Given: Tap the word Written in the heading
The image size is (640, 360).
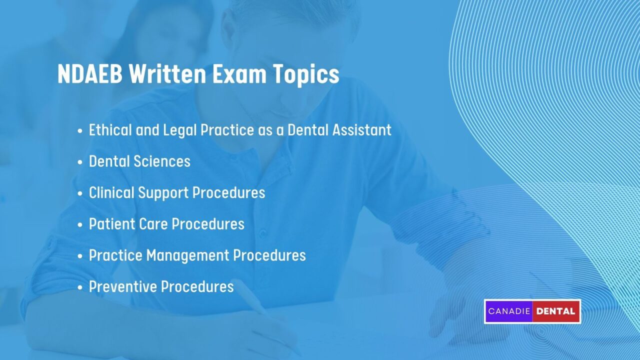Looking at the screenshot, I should pyautogui.click(x=167, y=74).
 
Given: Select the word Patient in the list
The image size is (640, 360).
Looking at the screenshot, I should pyautogui.click(x=108, y=224).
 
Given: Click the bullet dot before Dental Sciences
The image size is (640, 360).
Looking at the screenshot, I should pyautogui.click(x=80, y=162).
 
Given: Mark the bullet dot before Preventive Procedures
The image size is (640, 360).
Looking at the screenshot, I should pyautogui.click(x=80, y=287).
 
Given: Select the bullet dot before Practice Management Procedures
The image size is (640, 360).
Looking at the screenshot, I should pyautogui.click(x=80, y=255).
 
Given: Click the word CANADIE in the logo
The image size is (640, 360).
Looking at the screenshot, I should pyautogui.click(x=508, y=311).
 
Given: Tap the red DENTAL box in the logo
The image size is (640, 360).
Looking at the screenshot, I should pyautogui.click(x=556, y=311).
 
